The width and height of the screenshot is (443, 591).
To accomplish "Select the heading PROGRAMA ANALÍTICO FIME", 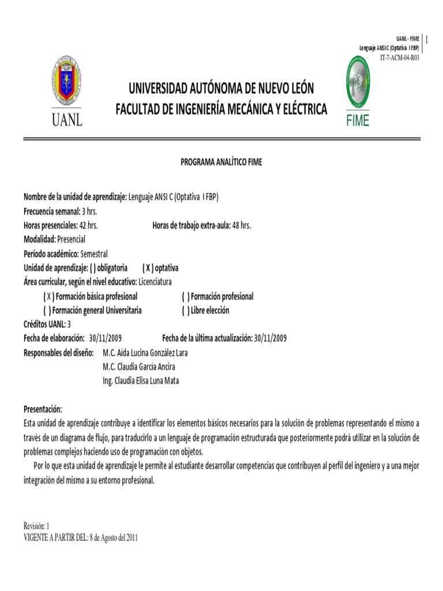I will [x=221, y=162].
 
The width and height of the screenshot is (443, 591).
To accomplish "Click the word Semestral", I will [x=94, y=254].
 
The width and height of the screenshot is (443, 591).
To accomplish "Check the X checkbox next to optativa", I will [x=148, y=268].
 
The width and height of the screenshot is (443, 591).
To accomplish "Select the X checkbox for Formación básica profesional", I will [x=48, y=297].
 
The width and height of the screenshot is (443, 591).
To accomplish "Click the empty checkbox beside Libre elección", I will [x=186, y=311].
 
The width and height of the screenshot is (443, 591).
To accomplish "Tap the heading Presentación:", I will [x=43, y=409].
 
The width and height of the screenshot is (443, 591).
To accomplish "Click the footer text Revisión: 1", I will [x=37, y=526].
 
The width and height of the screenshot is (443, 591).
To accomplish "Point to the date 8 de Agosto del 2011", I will [x=114, y=538].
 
